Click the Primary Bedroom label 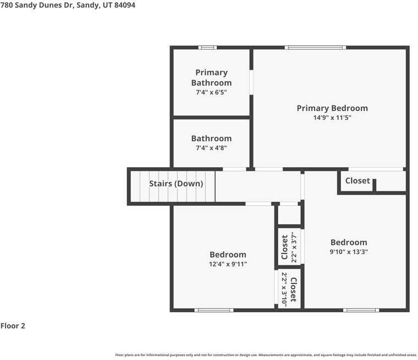[332, 108]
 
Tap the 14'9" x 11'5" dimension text [332, 118]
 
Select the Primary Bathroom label [211, 77]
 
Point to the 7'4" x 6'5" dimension [211, 92]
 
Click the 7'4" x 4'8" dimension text [211, 148]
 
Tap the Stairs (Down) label [176, 184]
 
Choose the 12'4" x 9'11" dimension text [228, 264]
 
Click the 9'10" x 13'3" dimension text [349, 252]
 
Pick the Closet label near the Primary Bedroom [358, 181]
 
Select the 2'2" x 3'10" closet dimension [284, 287]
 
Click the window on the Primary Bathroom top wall [207, 48]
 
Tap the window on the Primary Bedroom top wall [315, 48]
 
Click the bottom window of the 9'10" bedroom [361, 310]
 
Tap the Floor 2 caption [13, 325]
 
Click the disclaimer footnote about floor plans [266, 355]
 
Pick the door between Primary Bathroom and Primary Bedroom [251, 82]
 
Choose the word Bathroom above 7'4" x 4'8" [211, 139]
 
